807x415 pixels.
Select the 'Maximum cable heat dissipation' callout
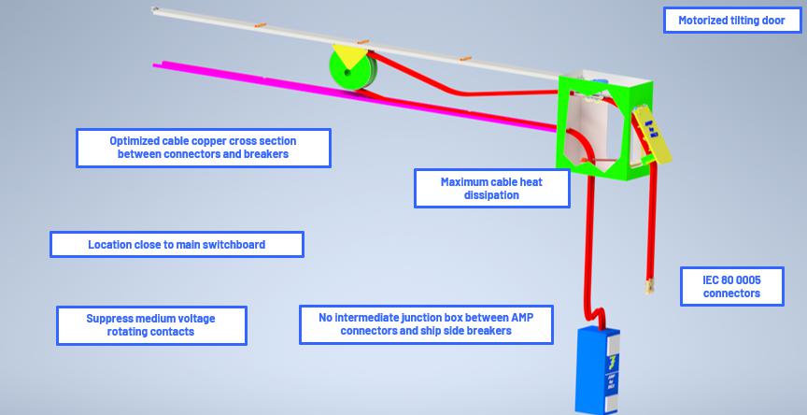pyautogui.click(x=491, y=188)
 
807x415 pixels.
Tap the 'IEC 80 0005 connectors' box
pyautogui.click(x=731, y=286)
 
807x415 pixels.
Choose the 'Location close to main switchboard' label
pyautogui.click(x=177, y=245)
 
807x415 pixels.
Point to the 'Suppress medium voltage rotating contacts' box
pyautogui.click(x=151, y=325)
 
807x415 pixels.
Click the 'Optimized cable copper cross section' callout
pyautogui.click(x=204, y=148)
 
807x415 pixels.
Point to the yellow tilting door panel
pyautogui.click(x=655, y=136)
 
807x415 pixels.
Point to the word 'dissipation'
pyautogui.click(x=491, y=195)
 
